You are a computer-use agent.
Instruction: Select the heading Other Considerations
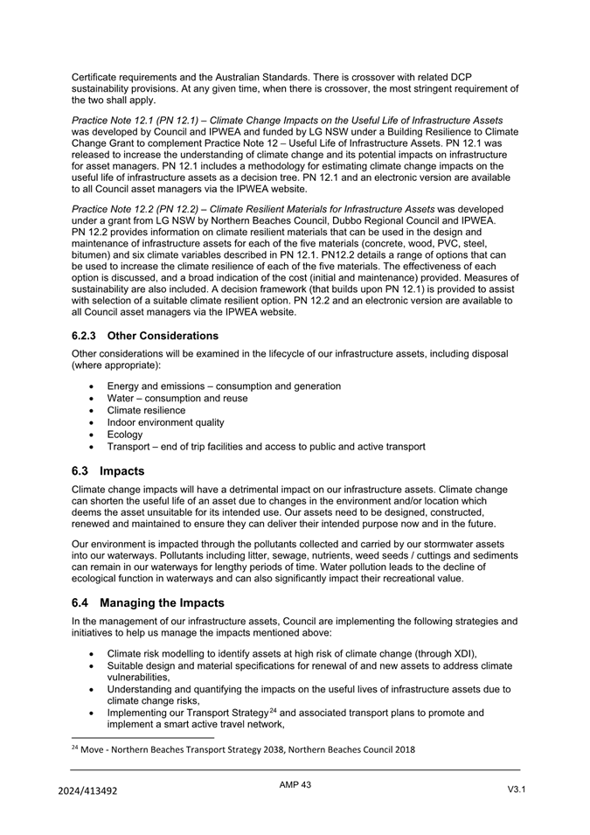(x=163, y=336)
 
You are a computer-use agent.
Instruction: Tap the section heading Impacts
(x=122, y=471)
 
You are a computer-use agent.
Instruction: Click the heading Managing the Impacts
(x=162, y=603)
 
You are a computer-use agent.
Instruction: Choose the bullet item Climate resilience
(x=146, y=410)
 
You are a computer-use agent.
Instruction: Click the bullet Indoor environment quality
(x=165, y=422)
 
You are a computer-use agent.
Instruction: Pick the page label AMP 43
(x=295, y=785)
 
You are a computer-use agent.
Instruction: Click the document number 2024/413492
(x=88, y=790)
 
